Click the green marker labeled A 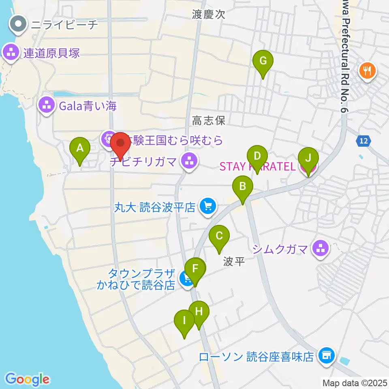point(80,148)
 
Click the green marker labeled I point(184,322)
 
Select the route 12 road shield point(363,141)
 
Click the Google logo point(28,379)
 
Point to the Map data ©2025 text point(355,382)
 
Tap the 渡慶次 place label point(209,15)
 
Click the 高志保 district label point(208,120)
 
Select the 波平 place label point(234,262)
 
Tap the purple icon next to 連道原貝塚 point(11,53)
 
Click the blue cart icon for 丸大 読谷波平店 point(208,207)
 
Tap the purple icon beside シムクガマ point(321,248)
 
